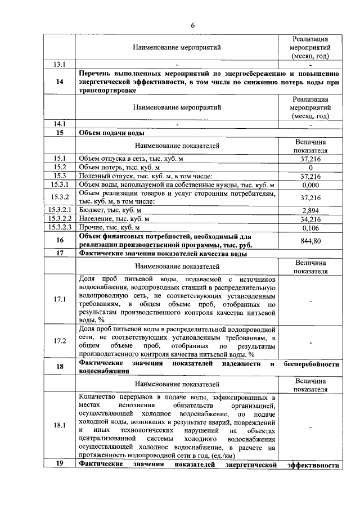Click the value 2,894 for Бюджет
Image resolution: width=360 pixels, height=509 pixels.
(x=310, y=209)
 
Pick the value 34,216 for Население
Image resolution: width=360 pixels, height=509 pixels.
(x=310, y=219)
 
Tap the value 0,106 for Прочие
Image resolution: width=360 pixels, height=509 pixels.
(x=310, y=228)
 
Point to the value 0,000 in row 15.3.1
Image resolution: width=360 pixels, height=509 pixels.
(x=310, y=185)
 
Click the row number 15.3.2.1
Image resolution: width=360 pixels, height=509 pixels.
(x=60, y=209)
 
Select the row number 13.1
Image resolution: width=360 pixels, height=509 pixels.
(x=60, y=64)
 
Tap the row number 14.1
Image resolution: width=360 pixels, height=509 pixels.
(x=60, y=123)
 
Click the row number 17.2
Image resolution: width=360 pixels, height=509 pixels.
(x=60, y=341)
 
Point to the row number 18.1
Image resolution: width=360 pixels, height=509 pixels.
(x=60, y=425)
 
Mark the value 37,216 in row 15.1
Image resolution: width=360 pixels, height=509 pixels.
(x=310, y=159)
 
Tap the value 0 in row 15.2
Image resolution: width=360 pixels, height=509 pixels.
(x=310, y=168)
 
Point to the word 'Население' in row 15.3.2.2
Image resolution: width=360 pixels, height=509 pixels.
(x=96, y=219)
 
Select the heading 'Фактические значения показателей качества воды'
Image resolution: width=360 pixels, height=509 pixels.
(x=164, y=253)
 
